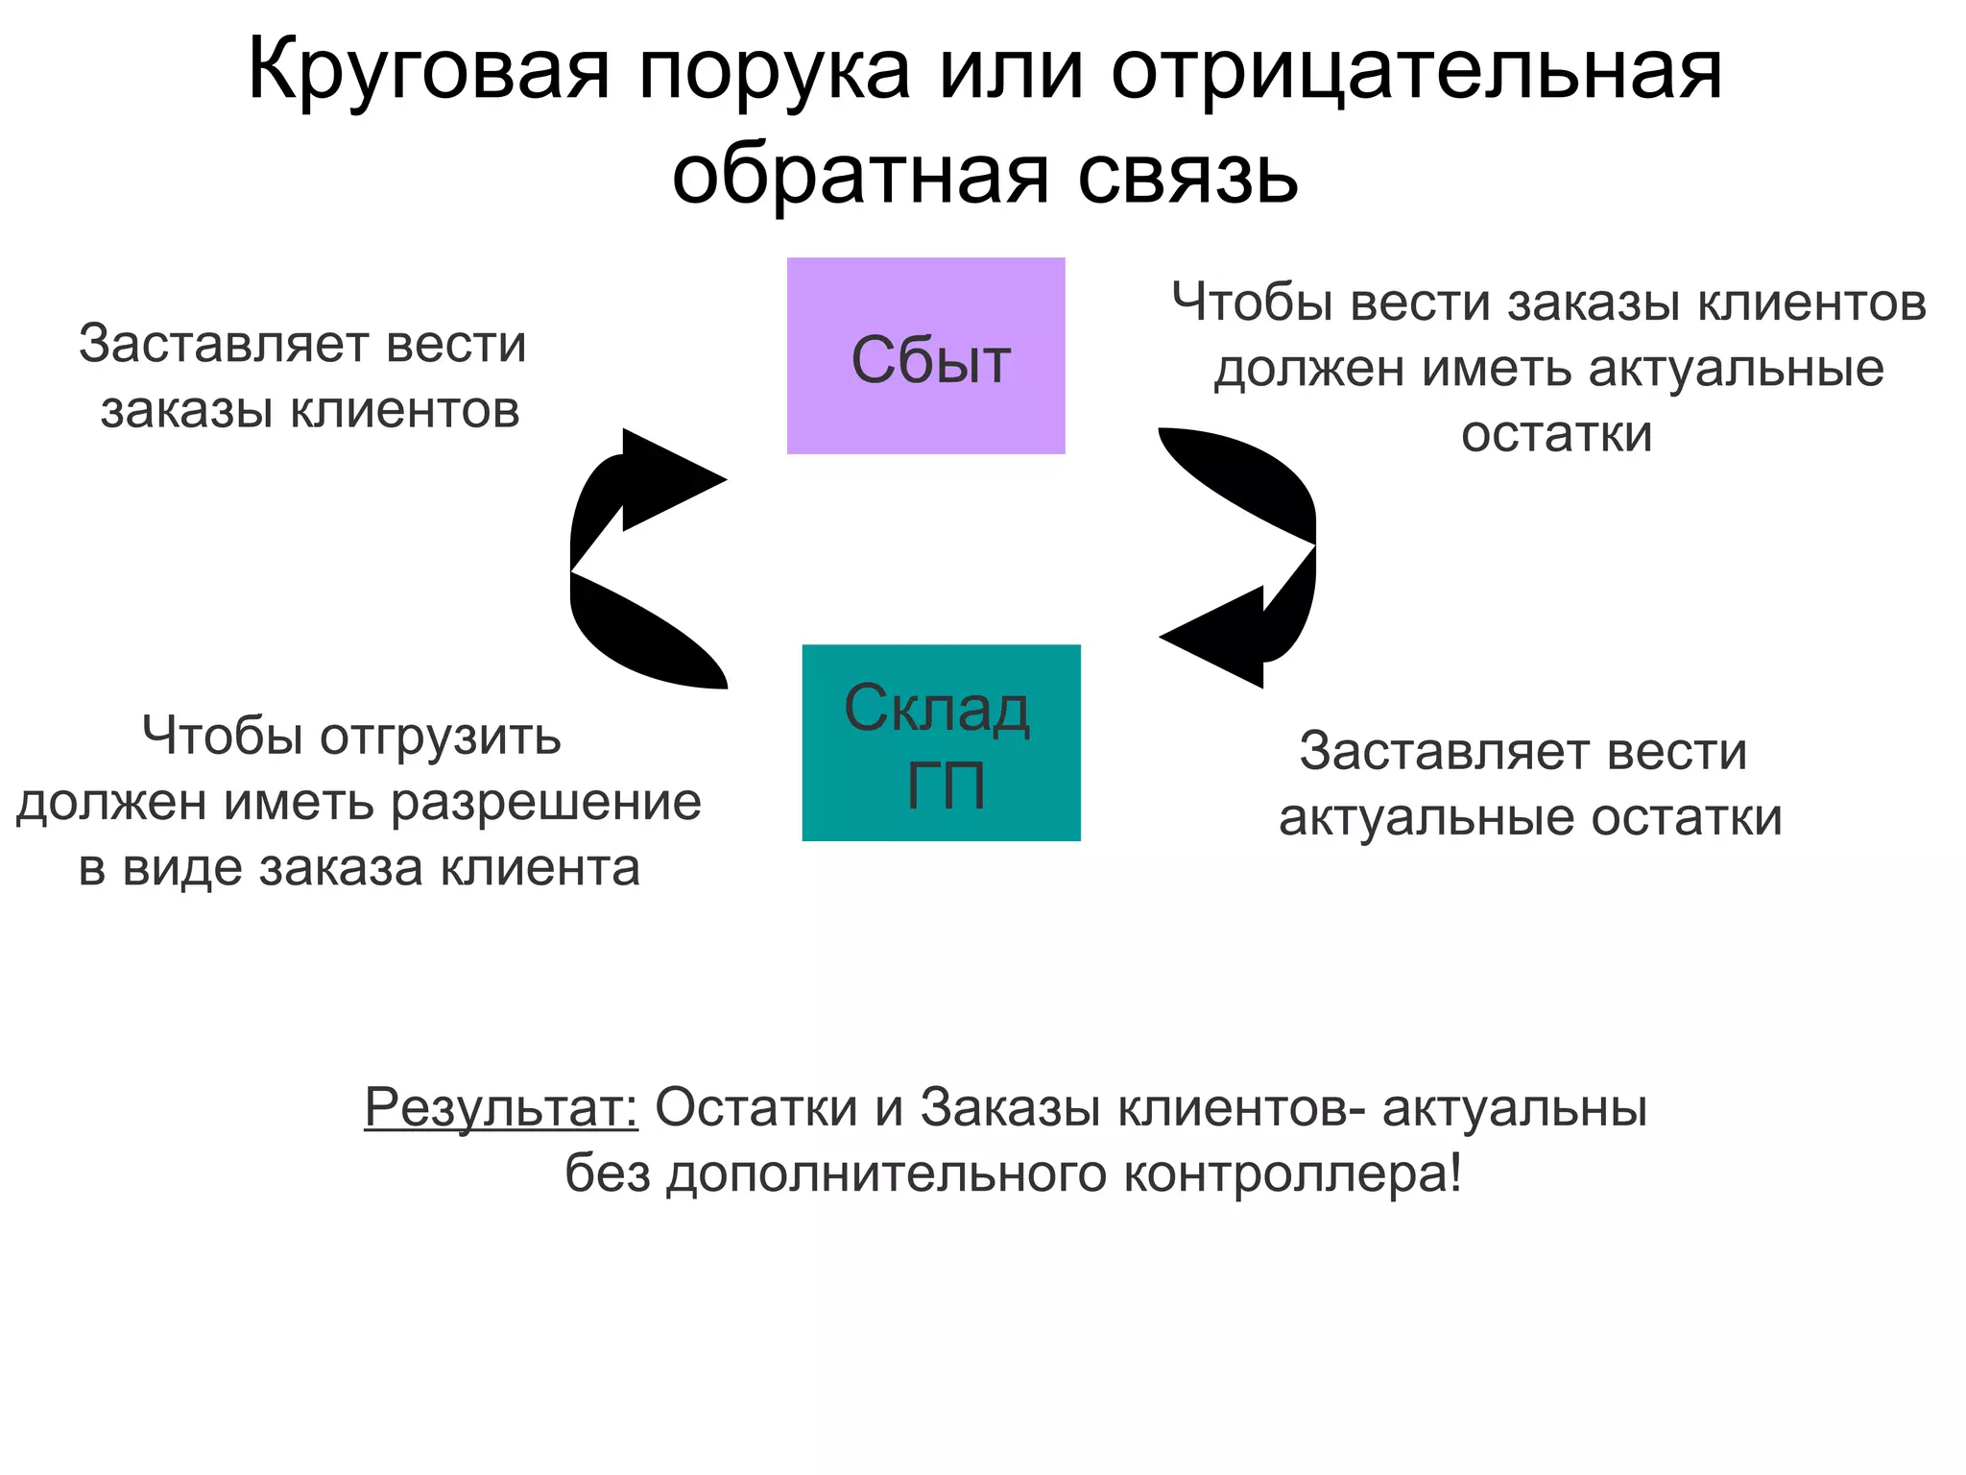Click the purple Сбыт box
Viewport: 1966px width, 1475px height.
[x=925, y=355]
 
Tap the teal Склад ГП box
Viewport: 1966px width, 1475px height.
[x=941, y=742]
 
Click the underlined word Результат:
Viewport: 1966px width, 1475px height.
[x=501, y=1107]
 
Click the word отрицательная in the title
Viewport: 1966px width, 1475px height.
[x=1417, y=71]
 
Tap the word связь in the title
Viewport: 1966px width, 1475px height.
[x=1187, y=176]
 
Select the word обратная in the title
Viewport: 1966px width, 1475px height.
[x=860, y=176]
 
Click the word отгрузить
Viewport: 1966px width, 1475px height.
[x=440, y=737]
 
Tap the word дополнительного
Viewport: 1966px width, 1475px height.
[x=887, y=1173]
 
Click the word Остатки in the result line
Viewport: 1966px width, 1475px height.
[x=756, y=1107]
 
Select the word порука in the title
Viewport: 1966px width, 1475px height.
[x=774, y=71]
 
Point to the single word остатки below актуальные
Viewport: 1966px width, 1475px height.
[x=1556, y=434]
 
